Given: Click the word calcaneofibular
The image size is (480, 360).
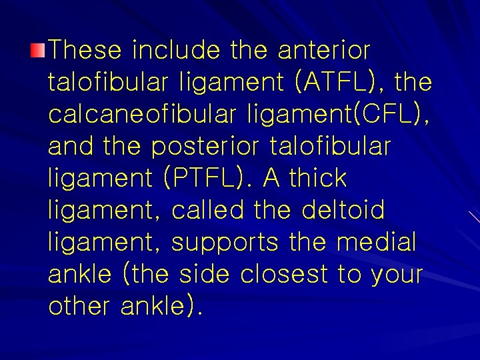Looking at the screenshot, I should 135,114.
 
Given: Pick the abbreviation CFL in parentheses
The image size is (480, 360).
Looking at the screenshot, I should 387,114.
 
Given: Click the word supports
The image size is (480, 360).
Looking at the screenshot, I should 225,242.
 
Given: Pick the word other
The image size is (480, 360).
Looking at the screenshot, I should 80,306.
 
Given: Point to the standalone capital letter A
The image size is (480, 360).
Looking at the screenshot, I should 271,178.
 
